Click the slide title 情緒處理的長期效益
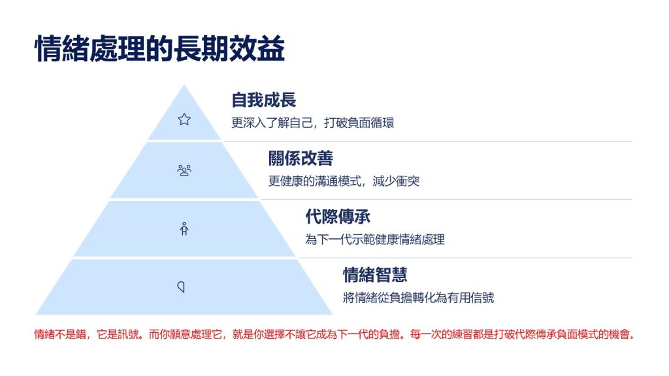159,49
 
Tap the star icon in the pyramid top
184,119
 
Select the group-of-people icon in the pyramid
184,170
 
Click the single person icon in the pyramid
184,229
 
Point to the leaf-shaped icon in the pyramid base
182,287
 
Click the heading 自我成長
264,100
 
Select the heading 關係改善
301,159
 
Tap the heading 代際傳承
338,217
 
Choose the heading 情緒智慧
375,275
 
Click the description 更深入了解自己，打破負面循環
313,123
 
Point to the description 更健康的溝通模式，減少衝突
344,181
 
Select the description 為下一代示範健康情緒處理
375,240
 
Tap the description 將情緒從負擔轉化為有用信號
419,298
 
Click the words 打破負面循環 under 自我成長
359,123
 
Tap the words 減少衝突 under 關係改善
396,181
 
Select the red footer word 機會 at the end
619,335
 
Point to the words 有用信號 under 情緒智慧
471,298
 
